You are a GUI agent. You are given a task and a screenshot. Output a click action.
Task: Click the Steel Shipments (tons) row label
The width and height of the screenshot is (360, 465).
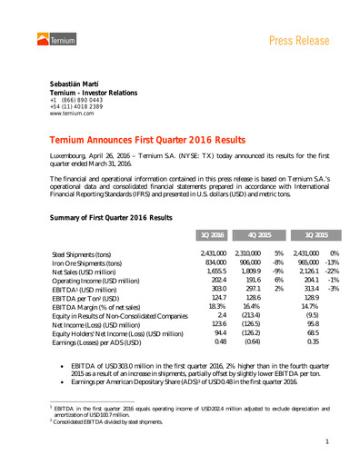pos(85,254)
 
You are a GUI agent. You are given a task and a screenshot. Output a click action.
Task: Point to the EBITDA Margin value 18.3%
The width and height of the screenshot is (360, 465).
pos(215,305)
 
